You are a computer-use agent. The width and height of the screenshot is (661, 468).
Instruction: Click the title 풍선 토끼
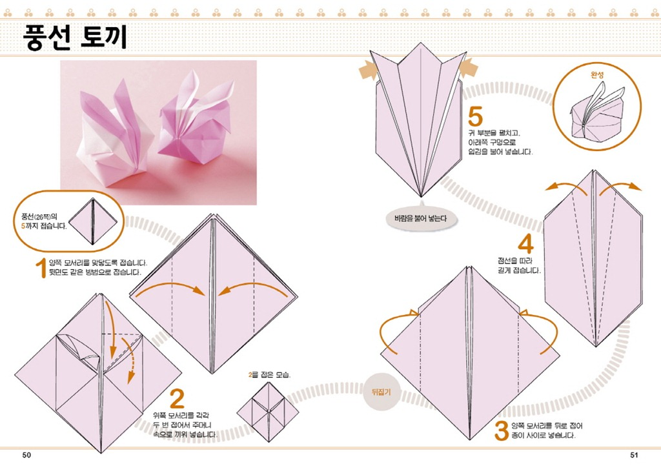point(75,37)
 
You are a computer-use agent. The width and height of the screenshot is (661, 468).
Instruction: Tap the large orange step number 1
point(41,269)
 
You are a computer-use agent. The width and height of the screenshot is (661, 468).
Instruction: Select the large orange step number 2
point(177,398)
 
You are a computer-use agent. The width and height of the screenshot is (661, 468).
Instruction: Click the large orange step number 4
point(525,243)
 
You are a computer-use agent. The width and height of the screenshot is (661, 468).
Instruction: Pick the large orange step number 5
point(475,117)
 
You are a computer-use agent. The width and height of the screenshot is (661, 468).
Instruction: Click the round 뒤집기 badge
point(381,392)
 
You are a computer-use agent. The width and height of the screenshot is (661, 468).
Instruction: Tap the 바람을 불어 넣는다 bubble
point(420,218)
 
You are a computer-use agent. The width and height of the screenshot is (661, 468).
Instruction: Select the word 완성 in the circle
point(597,75)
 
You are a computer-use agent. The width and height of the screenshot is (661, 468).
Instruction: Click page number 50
point(26,455)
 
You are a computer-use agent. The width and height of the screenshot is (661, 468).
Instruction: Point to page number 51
point(634,455)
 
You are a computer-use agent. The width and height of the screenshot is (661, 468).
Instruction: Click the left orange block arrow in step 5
point(368,70)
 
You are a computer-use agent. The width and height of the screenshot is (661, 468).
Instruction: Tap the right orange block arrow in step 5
point(468,68)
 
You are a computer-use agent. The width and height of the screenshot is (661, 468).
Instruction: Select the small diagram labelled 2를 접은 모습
point(268,412)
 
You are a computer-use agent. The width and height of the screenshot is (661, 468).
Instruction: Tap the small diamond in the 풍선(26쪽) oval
point(93,221)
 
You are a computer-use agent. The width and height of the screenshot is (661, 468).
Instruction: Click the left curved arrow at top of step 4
point(565,187)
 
